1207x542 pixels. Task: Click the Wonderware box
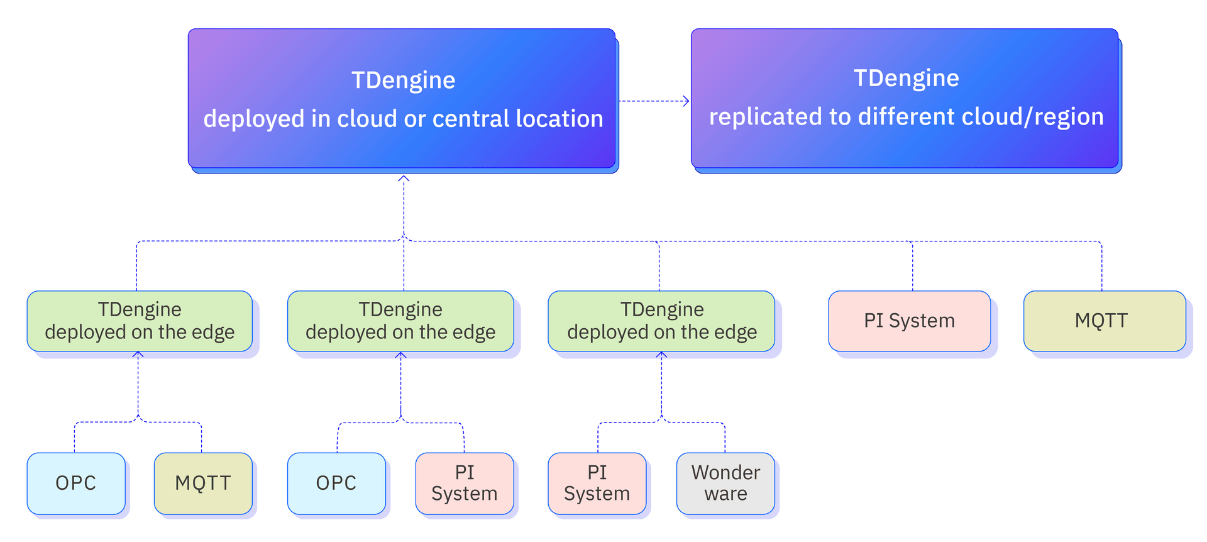point(725,483)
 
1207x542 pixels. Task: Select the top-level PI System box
point(909,321)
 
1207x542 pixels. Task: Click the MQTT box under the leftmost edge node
point(203,483)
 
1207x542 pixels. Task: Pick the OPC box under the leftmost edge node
point(76,483)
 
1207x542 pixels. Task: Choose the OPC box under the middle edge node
point(336,483)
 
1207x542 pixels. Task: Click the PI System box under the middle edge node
point(465,483)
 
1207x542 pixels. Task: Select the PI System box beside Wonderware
point(597,483)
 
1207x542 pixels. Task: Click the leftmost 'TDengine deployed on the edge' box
point(140,321)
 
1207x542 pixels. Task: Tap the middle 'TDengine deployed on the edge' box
point(400,321)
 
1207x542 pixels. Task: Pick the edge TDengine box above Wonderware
point(662,321)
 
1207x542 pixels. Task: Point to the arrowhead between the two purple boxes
point(686,101)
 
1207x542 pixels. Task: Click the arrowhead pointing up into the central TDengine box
point(404,180)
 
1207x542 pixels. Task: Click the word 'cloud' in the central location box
point(366,119)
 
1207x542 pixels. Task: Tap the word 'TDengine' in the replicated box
point(906,79)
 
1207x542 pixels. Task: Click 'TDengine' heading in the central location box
point(403,80)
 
